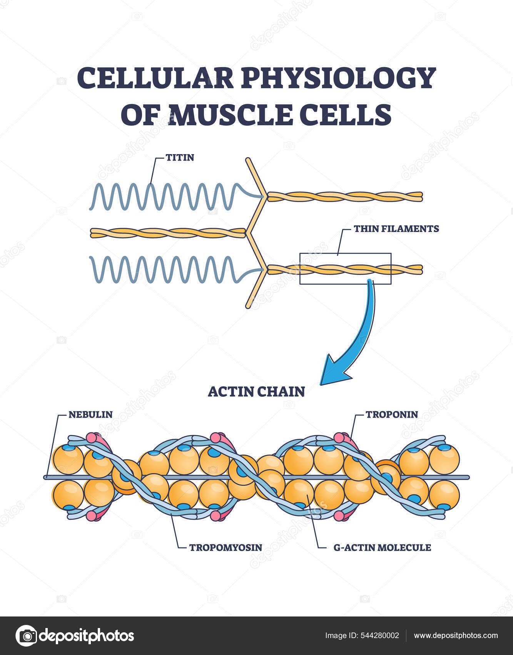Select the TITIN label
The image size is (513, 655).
[180, 157]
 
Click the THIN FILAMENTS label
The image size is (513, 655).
[396, 228]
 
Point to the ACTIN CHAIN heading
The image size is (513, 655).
[256, 391]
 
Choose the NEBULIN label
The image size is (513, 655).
[90, 414]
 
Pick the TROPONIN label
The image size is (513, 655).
[391, 414]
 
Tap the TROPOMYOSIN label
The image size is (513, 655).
[226, 547]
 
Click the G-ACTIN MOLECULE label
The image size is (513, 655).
[382, 547]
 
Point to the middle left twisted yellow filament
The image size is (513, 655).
[168, 233]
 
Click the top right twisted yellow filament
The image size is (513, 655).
[345, 196]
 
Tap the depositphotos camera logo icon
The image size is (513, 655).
[26, 636]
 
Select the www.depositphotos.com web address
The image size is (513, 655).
[456, 636]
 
